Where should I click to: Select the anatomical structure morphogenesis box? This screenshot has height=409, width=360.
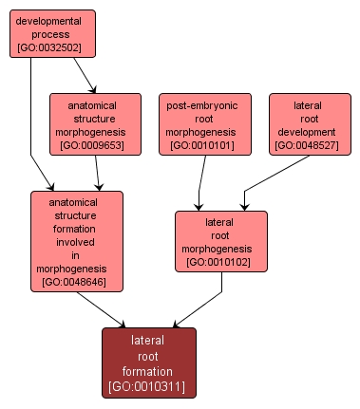(95, 123)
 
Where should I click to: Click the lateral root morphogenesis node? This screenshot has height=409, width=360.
(220, 241)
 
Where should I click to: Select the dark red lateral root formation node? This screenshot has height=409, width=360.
(148, 363)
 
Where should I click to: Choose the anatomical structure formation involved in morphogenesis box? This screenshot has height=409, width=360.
(77, 241)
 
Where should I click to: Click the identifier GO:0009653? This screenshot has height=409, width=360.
(95, 146)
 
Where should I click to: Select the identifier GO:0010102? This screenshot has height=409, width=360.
(220, 262)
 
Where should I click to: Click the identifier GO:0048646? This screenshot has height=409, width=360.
(77, 282)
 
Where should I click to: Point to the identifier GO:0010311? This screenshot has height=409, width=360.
(148, 387)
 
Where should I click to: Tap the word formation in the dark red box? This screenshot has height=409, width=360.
(148, 371)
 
